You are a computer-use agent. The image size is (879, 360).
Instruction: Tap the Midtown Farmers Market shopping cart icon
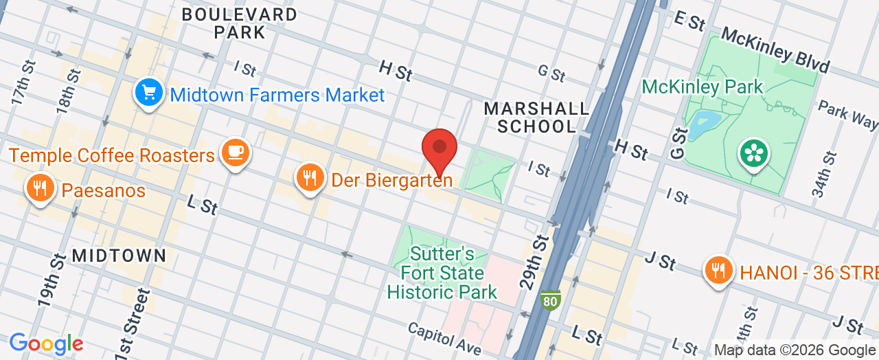point(148,93)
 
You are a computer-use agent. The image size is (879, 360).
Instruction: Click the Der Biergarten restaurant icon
point(310,177)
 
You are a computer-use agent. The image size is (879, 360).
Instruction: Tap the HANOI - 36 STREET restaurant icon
point(718,270)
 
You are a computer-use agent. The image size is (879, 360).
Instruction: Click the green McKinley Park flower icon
point(753,154)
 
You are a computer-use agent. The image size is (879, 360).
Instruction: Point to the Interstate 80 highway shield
point(550,299)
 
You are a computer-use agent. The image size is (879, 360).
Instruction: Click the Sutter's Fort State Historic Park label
point(442,273)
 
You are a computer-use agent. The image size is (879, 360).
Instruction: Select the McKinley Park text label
point(702,87)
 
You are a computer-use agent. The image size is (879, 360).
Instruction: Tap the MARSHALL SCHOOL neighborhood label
point(536,117)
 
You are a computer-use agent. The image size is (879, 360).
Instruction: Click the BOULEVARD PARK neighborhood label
point(240,23)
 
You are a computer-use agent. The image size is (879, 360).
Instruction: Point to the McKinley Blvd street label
point(775,51)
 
